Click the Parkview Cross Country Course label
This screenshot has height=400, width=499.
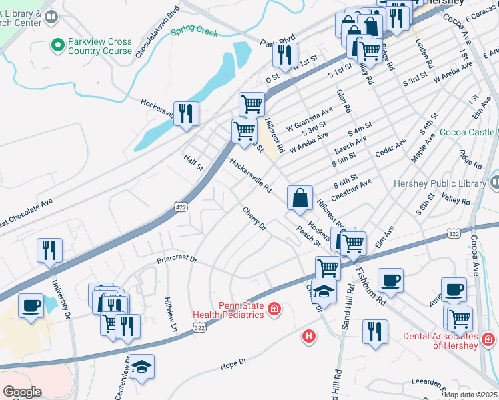click(99, 46)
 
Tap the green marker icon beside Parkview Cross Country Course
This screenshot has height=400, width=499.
click(57, 45)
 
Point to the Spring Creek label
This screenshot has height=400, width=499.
click(194, 31)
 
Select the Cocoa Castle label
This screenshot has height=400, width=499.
click(467, 132)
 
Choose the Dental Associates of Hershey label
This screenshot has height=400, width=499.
click(440, 341)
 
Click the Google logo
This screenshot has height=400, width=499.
click(22, 392)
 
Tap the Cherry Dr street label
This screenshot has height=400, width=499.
click(254, 219)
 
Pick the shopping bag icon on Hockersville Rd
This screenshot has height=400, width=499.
click(300, 197)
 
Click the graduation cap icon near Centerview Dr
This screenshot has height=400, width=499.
click(141, 367)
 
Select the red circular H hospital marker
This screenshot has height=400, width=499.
click(308, 335)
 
